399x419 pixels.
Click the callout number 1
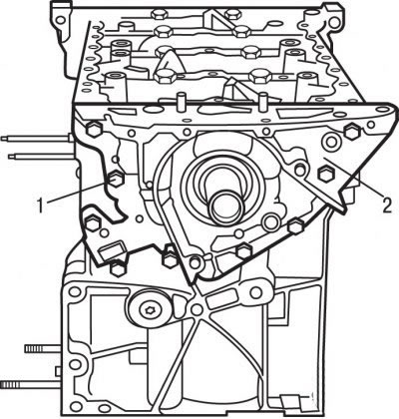click(41, 206)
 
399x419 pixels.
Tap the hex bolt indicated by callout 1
click(115, 180)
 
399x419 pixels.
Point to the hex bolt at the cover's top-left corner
click(94, 130)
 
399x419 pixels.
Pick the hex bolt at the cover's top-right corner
click(352, 132)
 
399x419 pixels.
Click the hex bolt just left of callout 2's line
click(325, 173)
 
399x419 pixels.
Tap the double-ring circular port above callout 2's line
click(330, 141)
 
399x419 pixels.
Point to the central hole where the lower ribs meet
click(197, 309)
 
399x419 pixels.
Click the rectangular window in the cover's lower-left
click(113, 250)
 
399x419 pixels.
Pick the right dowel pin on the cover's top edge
click(263, 101)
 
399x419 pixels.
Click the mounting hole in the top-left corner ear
click(60, 20)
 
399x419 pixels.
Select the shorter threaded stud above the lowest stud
click(43, 348)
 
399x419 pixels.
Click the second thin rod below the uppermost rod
click(41, 156)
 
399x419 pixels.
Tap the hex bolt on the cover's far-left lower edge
click(93, 223)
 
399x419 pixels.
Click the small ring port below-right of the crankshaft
click(271, 220)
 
